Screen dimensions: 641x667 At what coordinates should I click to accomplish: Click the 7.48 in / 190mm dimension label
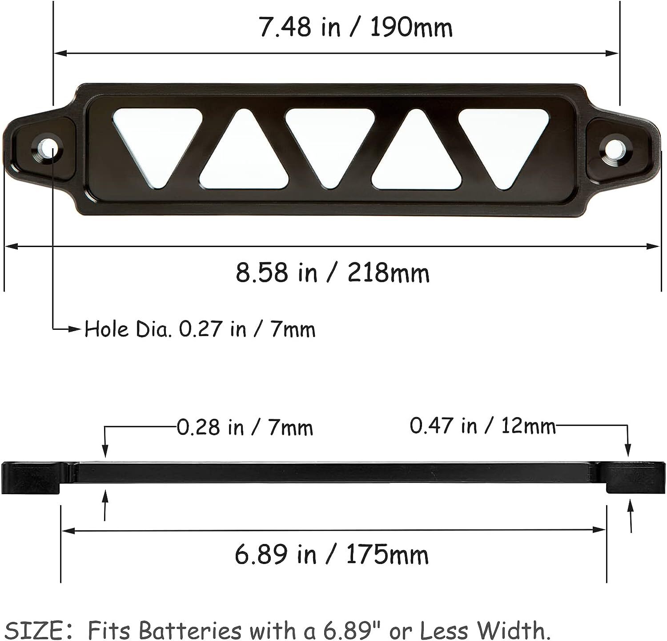click(355, 28)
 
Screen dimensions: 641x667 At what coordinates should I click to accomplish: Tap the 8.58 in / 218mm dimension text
click(333, 272)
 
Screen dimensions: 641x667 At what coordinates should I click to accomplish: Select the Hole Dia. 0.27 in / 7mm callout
click(200, 329)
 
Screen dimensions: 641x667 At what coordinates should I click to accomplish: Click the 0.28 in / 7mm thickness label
click(245, 428)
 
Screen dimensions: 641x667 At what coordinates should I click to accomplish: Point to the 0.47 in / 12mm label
click(482, 426)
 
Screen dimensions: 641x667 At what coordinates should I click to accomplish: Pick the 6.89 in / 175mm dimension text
click(331, 555)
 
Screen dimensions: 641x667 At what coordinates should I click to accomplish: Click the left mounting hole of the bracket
click(47, 148)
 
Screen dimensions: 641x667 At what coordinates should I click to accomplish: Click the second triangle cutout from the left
click(244, 158)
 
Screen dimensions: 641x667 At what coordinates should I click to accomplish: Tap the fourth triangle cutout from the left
click(416, 158)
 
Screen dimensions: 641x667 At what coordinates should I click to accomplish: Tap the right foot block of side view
click(636, 478)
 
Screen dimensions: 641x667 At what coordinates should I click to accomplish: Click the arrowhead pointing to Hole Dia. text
click(76, 329)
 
